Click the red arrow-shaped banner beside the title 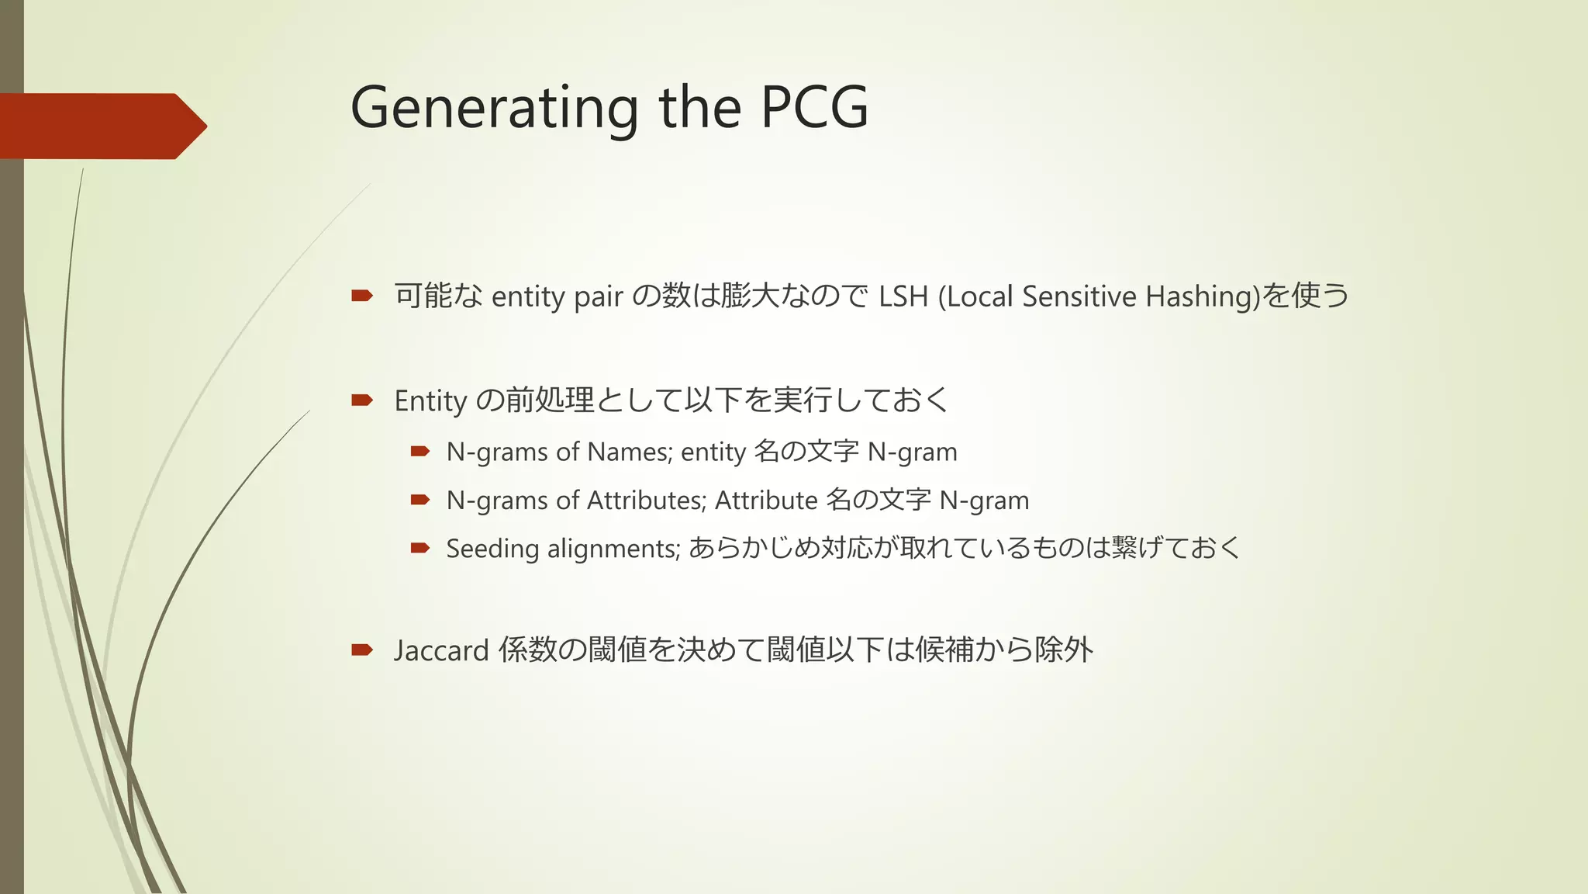click(101, 126)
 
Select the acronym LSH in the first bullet click(903, 296)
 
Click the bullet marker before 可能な click(362, 295)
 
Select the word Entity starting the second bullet click(430, 401)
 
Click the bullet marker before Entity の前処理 click(362, 400)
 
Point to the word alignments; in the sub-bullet click(613, 549)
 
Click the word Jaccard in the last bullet click(440, 650)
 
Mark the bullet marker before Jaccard click(362, 649)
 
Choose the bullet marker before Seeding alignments click(420, 548)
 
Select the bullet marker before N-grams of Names click(420, 451)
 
